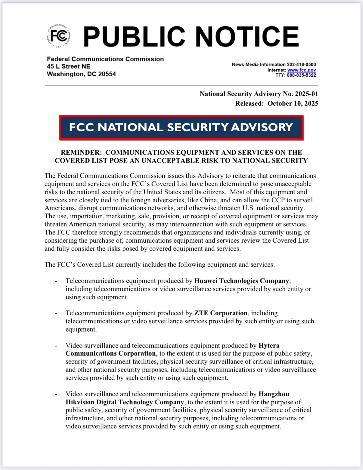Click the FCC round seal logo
click(x=59, y=36)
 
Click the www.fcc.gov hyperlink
click(x=302, y=70)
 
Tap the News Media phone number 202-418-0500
click(x=301, y=64)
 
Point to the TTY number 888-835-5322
click(x=301, y=75)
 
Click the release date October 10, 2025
click(x=293, y=104)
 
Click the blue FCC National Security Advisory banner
click(x=181, y=127)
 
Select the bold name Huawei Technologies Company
click(x=242, y=281)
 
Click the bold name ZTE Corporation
click(x=221, y=313)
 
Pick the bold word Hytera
click(x=269, y=345)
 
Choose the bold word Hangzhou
click(x=274, y=394)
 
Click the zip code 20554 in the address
click(x=107, y=74)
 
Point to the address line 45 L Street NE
click(x=69, y=67)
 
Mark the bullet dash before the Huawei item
click(x=56, y=281)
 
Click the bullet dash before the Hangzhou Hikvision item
click(x=56, y=394)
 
